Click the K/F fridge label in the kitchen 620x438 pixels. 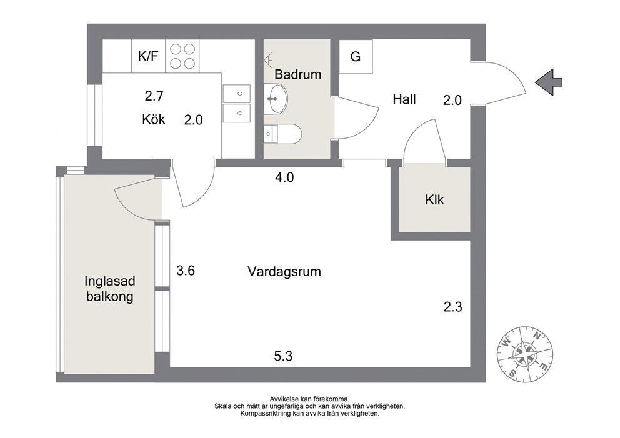point(148,56)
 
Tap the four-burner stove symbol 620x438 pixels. point(182,56)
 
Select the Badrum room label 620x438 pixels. point(297,74)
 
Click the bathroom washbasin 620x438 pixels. point(276,98)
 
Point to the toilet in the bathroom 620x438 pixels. point(282,134)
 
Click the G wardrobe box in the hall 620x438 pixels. point(356,56)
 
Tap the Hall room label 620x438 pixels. point(404,99)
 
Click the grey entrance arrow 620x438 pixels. point(548,82)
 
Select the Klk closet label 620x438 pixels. point(434,199)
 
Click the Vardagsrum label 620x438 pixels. point(284,272)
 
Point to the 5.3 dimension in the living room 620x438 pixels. point(283,356)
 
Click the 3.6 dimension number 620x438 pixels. point(186,271)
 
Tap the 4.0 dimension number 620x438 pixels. point(284,177)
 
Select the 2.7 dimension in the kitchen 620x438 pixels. point(154,96)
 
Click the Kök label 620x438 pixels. point(153,119)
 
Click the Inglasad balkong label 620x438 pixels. point(109,289)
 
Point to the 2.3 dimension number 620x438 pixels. point(452,307)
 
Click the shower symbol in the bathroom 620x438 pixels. point(268,60)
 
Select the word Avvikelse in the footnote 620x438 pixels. point(284,399)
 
